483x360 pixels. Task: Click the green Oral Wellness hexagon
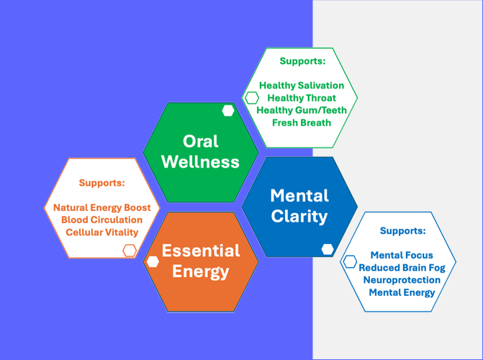[200, 151]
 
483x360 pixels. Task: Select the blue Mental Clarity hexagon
[299, 206]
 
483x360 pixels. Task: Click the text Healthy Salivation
[302, 85]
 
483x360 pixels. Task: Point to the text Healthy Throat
[302, 97]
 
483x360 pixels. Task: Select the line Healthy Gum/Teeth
[302, 110]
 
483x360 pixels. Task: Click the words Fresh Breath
[302, 122]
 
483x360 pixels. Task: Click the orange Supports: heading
[101, 183]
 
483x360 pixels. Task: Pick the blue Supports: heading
[402, 231]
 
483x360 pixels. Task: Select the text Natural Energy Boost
[101, 207]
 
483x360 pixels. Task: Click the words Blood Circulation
[101, 220]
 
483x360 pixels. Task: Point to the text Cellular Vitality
[101, 232]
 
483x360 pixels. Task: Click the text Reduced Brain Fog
[402, 267]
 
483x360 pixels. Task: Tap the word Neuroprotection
[402, 279]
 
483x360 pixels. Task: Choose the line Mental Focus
[402, 255]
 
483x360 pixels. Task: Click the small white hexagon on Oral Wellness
[228, 111]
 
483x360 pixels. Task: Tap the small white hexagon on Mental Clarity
[328, 249]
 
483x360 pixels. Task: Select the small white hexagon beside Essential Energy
[152, 261]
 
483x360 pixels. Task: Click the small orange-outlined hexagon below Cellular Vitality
[130, 250]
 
